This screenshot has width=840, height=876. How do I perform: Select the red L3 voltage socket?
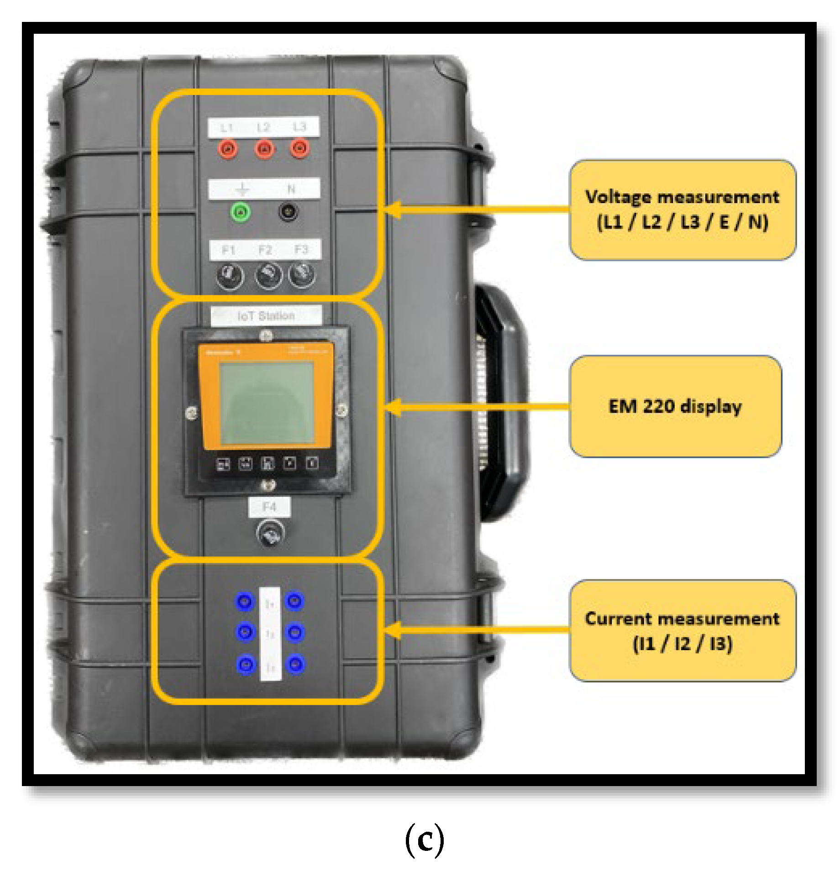click(x=299, y=148)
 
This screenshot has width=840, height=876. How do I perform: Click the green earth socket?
click(x=241, y=212)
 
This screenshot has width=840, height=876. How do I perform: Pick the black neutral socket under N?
click(x=288, y=211)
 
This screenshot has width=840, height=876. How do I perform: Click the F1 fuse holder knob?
click(x=230, y=276)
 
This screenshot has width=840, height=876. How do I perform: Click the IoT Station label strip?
click(x=266, y=315)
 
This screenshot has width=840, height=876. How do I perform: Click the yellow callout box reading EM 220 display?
click(x=675, y=406)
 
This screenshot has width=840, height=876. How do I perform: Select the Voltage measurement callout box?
click(x=682, y=210)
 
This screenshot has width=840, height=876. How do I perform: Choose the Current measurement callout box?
click(x=682, y=631)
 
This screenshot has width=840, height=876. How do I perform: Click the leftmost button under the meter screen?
click(x=223, y=464)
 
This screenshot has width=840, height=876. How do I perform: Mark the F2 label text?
click(x=265, y=250)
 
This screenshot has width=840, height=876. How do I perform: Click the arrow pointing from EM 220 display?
click(x=475, y=406)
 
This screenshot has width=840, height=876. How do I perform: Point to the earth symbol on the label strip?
click(x=242, y=189)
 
